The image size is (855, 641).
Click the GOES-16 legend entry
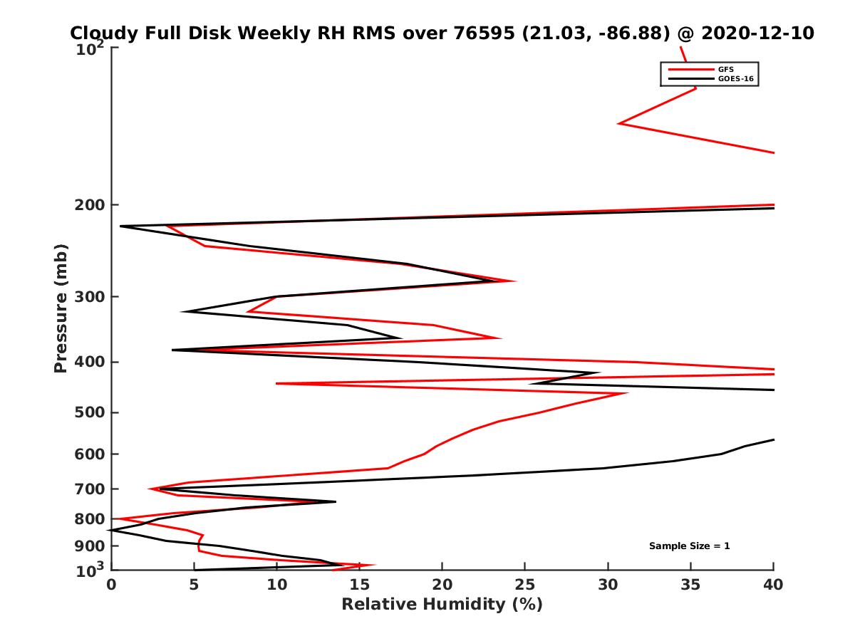(x=735, y=79)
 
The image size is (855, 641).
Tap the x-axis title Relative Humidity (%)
(x=442, y=605)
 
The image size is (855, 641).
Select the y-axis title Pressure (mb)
(x=61, y=308)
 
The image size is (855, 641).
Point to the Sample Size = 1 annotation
(x=689, y=546)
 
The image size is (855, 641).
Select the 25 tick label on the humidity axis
(x=525, y=585)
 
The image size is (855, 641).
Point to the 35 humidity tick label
(x=690, y=585)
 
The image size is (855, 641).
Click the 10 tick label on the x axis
(x=276, y=585)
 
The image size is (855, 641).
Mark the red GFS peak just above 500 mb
(x=627, y=393)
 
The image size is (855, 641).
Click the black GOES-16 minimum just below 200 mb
(x=121, y=226)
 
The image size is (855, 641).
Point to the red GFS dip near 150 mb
(x=619, y=124)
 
